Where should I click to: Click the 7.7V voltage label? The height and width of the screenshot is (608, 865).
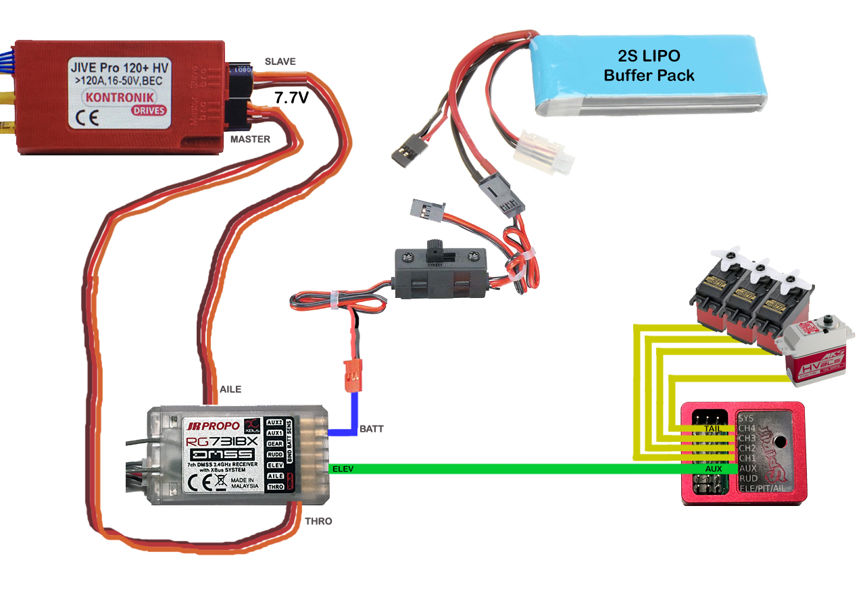[x=291, y=99]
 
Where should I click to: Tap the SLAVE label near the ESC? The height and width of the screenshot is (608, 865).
[x=280, y=61]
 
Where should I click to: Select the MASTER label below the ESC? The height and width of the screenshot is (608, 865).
[x=250, y=139]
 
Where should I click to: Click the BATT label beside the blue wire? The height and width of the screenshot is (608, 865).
[x=372, y=429]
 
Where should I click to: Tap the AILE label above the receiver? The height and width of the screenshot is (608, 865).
[x=230, y=390]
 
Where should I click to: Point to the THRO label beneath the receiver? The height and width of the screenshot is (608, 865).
[x=318, y=522]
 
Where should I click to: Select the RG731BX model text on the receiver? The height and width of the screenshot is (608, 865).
[x=222, y=442]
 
